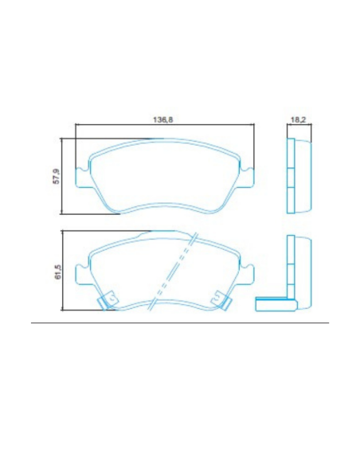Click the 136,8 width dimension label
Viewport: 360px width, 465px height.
click(162, 119)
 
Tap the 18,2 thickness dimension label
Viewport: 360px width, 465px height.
click(298, 119)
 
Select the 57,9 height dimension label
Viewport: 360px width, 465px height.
click(56, 176)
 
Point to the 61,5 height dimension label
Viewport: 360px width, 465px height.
click(58, 272)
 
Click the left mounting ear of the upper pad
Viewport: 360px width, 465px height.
click(82, 178)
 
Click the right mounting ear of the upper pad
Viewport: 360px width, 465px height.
click(248, 178)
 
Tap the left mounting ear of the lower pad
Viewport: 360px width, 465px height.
click(82, 275)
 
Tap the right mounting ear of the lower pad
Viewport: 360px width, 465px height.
click(248, 275)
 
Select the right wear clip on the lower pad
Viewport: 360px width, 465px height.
click(221, 300)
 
